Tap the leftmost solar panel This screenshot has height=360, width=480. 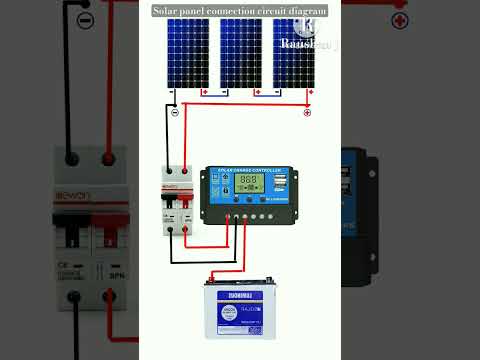(x=188, y=53)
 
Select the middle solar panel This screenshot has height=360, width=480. (x=240, y=53)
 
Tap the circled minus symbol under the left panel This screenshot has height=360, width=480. (x=175, y=112)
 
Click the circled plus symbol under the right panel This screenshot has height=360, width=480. (x=307, y=112)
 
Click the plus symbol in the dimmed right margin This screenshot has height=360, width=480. (x=400, y=20)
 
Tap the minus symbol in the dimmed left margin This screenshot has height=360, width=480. (x=86, y=20)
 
